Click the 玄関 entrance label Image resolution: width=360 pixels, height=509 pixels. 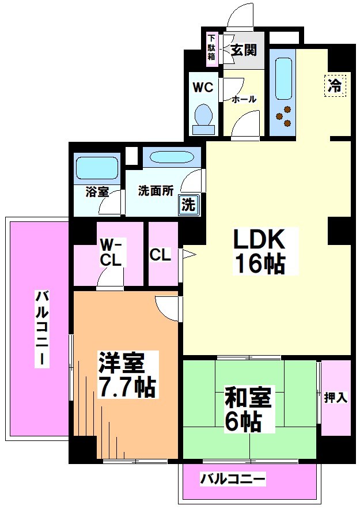coord(242,50)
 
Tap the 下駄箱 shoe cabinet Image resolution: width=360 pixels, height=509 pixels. coord(211,48)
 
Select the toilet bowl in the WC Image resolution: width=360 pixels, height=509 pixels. coord(203,116)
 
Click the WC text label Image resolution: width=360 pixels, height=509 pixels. coord(203,88)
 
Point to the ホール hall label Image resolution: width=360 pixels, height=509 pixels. coord(244,99)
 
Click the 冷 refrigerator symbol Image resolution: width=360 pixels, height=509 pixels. coord(335,86)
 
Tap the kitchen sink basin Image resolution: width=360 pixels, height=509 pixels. coord(282,78)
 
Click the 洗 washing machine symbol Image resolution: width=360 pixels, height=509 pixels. coord(188,204)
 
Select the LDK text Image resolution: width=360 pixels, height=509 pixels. coord(259,239)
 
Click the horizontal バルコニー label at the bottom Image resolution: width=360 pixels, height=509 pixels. coord(233,478)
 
